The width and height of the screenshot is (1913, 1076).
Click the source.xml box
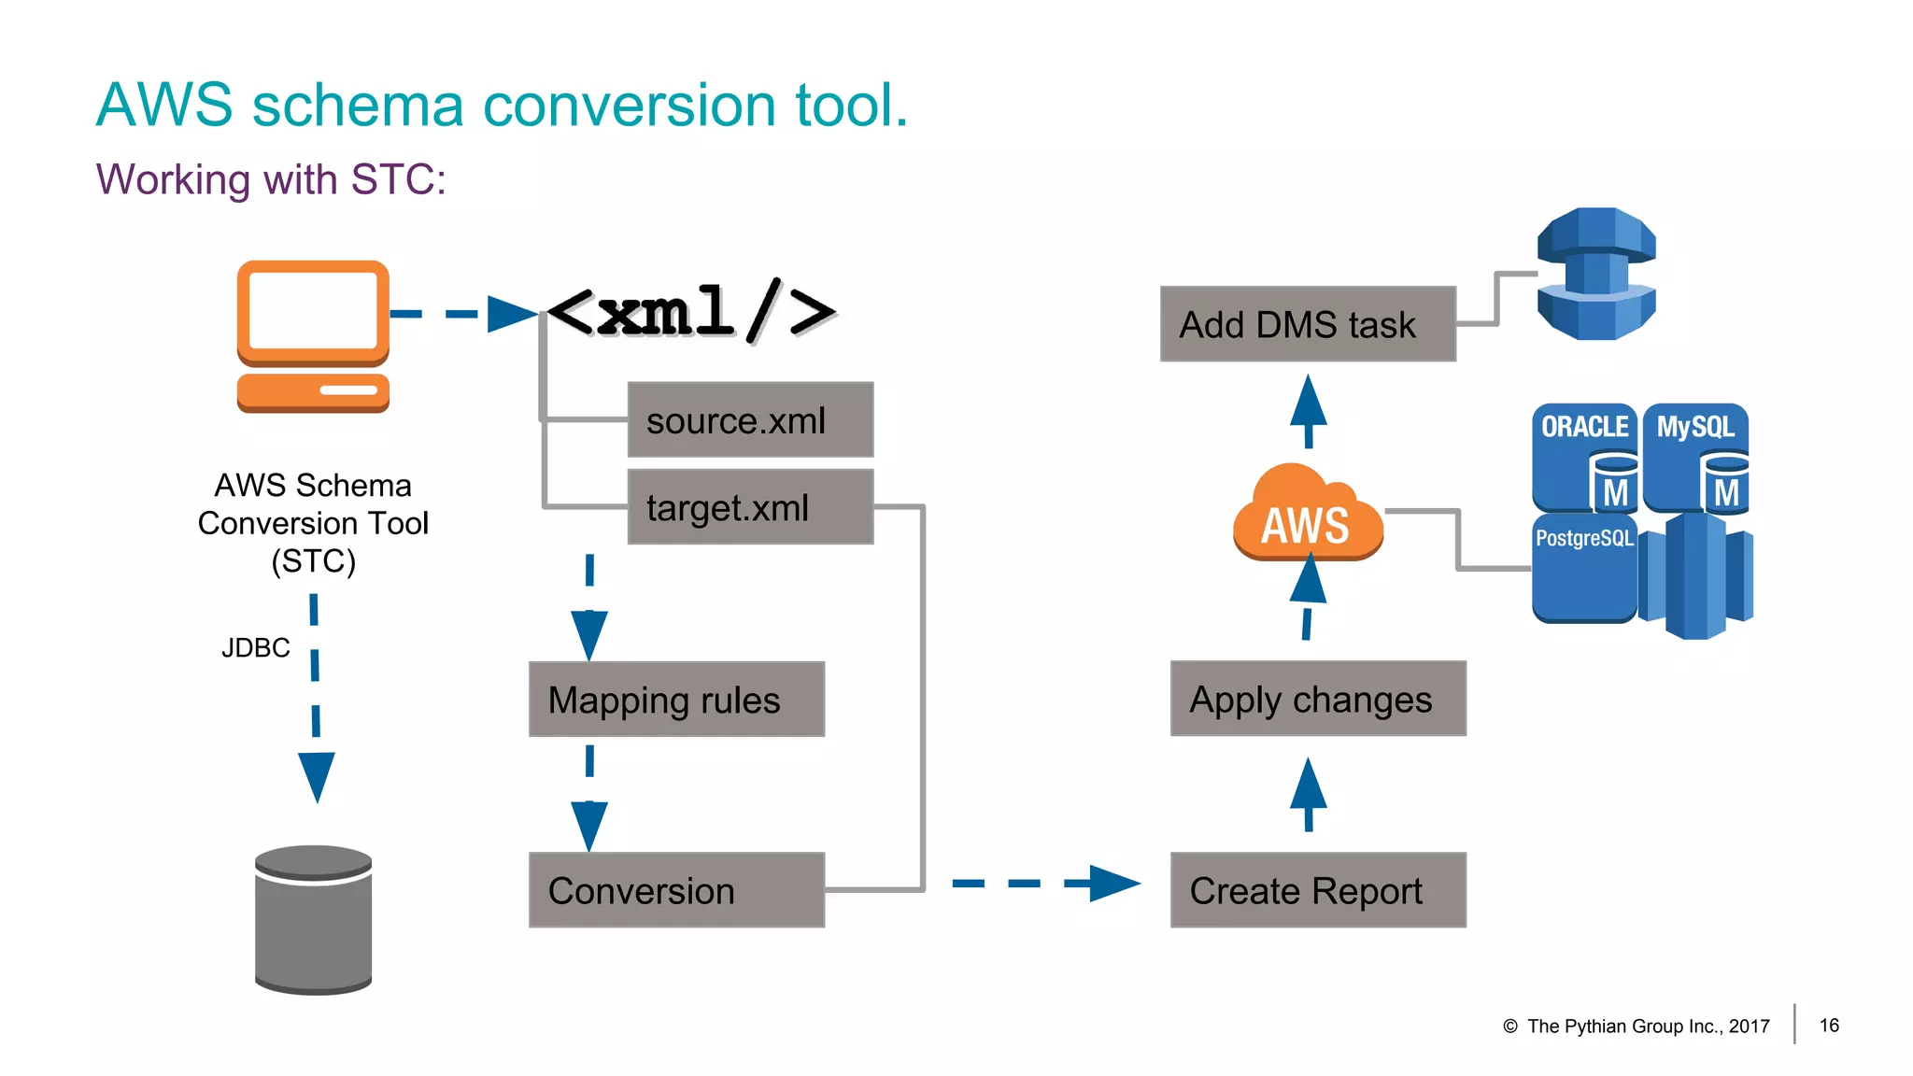pyautogui.click(x=750, y=419)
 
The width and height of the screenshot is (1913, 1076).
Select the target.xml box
pyautogui.click(x=750, y=507)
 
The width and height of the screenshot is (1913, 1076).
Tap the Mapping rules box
pyautogui.click(x=676, y=700)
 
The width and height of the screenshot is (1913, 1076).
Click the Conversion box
pyautogui.click(x=676, y=890)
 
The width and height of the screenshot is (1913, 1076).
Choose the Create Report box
pyautogui.click(x=1317, y=890)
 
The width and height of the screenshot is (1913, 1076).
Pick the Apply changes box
pyautogui.click(x=1317, y=699)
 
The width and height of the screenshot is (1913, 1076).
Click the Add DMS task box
pyautogui.click(x=1307, y=324)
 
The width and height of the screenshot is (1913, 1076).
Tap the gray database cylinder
pyautogui.click(x=314, y=920)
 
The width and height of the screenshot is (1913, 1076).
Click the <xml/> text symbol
pyautogui.click(x=691, y=312)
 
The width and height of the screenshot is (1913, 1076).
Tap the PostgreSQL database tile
pyautogui.click(x=1584, y=567)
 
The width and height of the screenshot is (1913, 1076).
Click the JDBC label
pyautogui.click(x=255, y=647)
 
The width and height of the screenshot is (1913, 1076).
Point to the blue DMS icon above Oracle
pyautogui.click(x=1595, y=274)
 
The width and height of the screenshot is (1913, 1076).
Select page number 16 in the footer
pyautogui.click(x=1829, y=1026)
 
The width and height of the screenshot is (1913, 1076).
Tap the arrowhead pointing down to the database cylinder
pyautogui.click(x=317, y=775)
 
